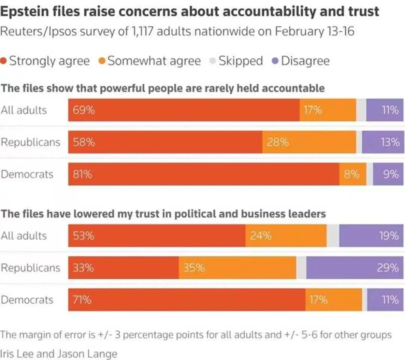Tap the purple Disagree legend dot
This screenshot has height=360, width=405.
[275, 61]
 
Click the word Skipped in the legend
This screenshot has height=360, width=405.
[240, 61]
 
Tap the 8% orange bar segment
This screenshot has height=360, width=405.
[352, 174]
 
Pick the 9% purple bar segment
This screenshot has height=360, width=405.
[388, 174]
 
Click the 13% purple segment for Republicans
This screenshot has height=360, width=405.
[382, 142]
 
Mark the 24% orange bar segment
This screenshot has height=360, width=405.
[286, 236]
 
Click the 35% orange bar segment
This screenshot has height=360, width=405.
[237, 268]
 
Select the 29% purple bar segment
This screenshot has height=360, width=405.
[355, 268]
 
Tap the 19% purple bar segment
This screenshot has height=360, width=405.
[371, 236]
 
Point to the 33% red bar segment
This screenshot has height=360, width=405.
[123, 268]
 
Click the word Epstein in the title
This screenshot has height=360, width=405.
[26, 12]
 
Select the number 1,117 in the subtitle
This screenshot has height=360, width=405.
[141, 31]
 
